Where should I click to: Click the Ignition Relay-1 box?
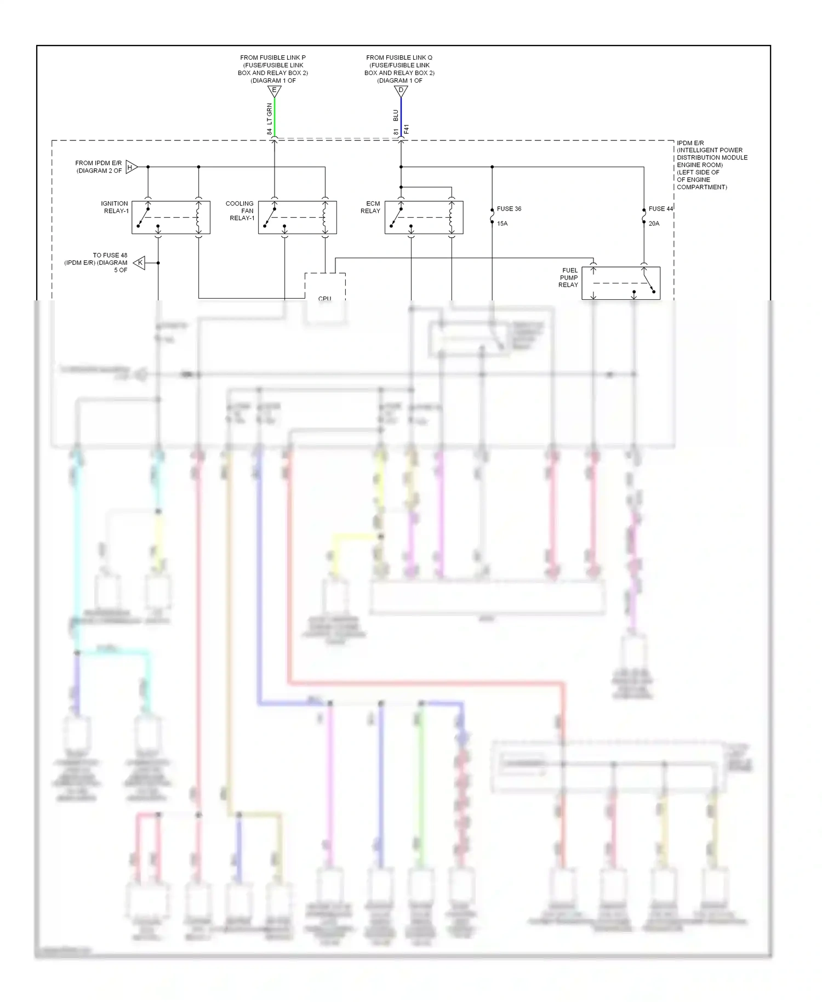170,218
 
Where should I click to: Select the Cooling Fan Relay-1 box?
297,218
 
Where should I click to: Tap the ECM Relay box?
424,218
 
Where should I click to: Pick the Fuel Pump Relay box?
620,283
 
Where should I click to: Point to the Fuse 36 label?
509,209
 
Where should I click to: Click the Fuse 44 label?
660,209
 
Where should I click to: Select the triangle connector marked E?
274,91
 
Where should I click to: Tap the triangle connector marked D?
401,91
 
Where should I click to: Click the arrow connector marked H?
131,167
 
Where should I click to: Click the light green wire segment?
275,118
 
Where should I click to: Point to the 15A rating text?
502,224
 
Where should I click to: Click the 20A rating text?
654,224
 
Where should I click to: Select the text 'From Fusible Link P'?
273,58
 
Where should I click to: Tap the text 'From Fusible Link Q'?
399,58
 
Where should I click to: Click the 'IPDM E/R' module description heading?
690,143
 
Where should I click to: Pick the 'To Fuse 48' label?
110,255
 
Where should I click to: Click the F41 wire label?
407,130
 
